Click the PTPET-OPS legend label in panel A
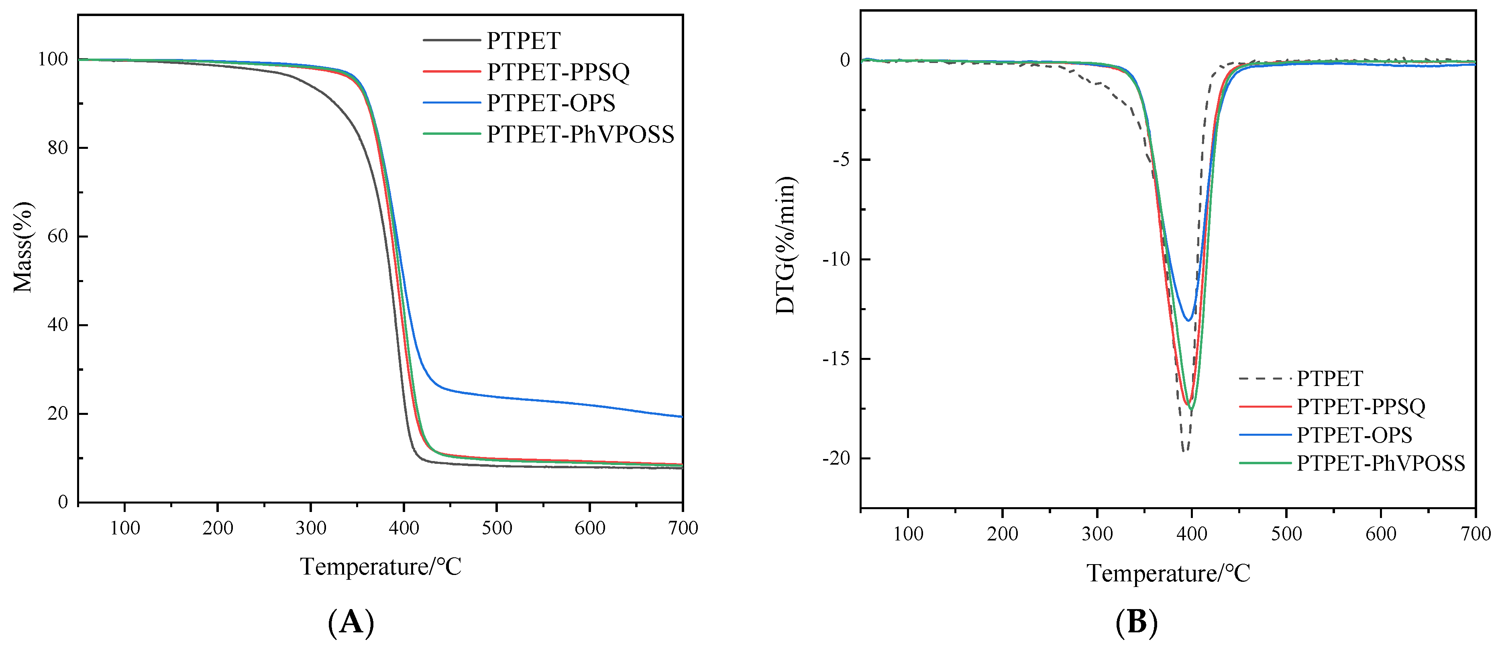coord(550,103)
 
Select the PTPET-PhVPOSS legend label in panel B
coord(1380,463)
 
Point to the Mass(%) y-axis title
coord(23,247)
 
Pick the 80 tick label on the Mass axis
coord(57,148)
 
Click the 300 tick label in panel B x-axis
coord(1097,534)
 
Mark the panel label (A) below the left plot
coord(351,623)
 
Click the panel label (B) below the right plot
coord(1136,623)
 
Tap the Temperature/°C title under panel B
coord(1168,573)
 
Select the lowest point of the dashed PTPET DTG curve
coord(1184,451)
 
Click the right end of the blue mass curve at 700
coord(681,416)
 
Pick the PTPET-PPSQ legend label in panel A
coord(558,72)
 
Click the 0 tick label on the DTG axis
coord(844,60)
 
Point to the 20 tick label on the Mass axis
coord(57,413)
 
